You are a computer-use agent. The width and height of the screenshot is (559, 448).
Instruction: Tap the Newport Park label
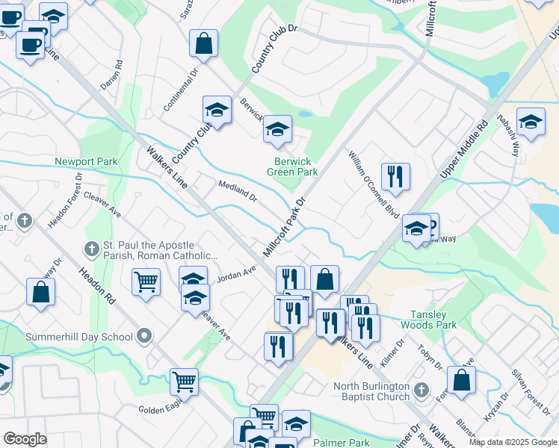(86, 161)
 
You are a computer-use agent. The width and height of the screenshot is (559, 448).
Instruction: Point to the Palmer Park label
(342, 443)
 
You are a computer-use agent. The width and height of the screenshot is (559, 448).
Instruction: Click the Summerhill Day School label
(79, 337)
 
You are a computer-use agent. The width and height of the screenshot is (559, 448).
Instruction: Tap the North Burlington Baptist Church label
(371, 391)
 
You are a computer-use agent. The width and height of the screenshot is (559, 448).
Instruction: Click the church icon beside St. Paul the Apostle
(92, 248)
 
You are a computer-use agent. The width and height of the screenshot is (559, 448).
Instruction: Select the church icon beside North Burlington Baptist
(421, 390)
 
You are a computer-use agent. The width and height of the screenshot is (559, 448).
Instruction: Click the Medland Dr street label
(237, 192)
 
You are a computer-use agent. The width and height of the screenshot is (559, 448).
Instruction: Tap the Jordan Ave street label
(236, 275)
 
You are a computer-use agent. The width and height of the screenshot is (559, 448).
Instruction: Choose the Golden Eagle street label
(158, 409)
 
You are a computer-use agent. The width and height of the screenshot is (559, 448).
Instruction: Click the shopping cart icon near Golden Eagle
(184, 381)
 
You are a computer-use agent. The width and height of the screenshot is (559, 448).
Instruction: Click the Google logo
(25, 439)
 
